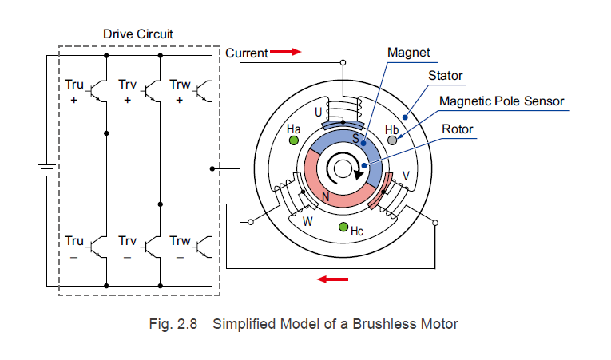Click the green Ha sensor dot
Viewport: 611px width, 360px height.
[293, 140]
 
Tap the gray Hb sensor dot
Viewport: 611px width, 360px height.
[391, 140]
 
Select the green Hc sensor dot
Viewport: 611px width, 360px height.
[343, 227]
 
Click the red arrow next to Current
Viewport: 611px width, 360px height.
[285, 53]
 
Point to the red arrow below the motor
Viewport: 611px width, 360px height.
[333, 279]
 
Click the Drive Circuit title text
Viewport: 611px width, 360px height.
[138, 34]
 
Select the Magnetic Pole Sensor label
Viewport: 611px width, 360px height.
[502, 101]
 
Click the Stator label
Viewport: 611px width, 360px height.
[446, 76]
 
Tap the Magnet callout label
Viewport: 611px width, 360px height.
[408, 53]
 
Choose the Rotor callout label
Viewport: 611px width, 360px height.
[458, 129]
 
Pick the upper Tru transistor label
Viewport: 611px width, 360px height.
[73, 84]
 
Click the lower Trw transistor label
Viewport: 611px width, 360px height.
[180, 241]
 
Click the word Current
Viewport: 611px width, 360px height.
[246, 53]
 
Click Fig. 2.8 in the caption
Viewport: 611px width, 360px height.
[175, 325]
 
